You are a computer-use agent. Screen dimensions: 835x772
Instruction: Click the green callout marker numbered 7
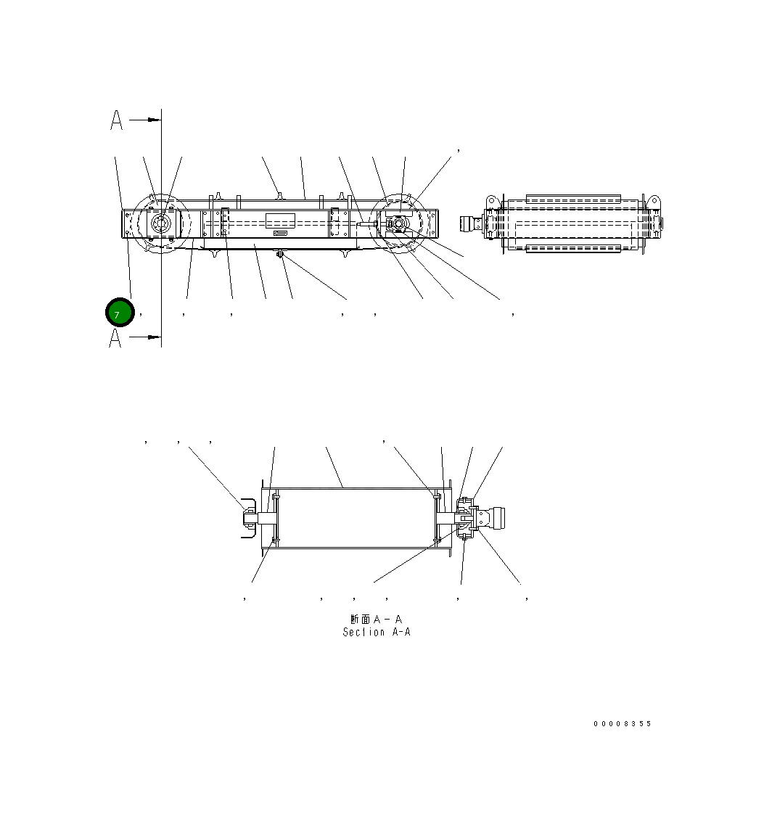(120, 313)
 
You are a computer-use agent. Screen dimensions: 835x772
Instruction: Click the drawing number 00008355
(622, 724)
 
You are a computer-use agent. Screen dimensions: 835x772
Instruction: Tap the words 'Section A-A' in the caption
(377, 633)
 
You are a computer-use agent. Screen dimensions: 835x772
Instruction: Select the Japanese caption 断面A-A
(376, 620)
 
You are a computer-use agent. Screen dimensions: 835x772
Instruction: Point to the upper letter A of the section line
(117, 120)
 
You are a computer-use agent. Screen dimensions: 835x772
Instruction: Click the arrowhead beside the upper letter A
(153, 120)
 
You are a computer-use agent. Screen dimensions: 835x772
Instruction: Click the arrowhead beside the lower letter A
(153, 337)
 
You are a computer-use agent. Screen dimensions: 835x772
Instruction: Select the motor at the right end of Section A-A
(496, 518)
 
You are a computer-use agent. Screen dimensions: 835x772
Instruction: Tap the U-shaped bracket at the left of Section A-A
(247, 518)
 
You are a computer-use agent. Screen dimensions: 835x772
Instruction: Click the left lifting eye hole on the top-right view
(491, 200)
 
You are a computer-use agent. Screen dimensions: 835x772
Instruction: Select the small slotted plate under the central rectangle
(280, 234)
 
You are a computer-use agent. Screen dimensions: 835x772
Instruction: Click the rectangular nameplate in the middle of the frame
(280, 221)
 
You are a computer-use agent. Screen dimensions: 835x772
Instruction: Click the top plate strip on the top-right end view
(573, 197)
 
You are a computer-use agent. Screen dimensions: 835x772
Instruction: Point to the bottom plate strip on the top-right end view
(573, 250)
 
